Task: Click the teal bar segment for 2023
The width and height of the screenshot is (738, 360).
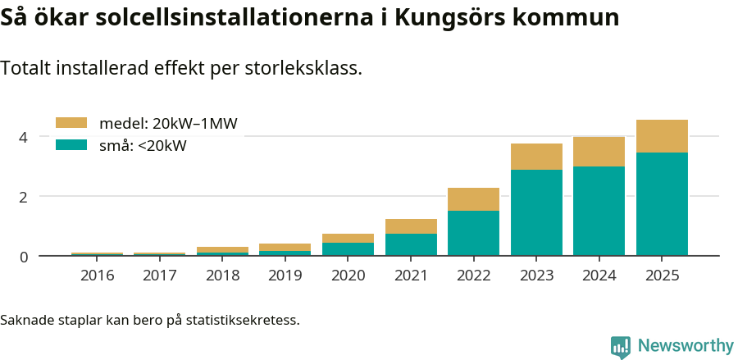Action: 536,212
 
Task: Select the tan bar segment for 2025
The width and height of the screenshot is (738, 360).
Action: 662,136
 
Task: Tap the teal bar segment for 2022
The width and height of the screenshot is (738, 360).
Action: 473,233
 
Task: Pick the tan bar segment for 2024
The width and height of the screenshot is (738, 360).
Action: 599,152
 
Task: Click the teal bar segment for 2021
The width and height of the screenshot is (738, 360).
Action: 411,244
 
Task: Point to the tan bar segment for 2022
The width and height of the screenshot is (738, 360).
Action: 473,199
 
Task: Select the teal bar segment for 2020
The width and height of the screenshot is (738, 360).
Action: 348,249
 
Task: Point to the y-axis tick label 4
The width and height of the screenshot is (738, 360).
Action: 24,137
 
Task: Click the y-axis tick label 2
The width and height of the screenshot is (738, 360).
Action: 24,197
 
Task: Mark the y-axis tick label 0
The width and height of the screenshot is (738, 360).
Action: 24,257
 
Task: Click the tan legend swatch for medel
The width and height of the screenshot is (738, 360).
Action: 71,123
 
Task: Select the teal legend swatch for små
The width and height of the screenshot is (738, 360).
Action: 71,145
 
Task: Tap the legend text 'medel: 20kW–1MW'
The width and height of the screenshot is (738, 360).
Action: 168,124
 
